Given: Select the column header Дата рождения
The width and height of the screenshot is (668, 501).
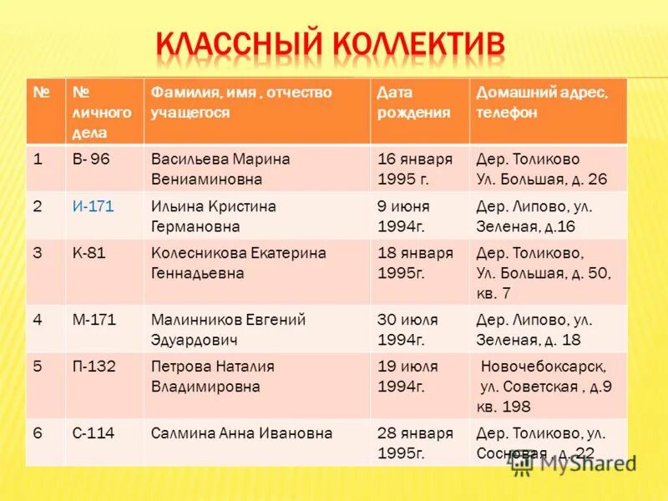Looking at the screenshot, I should (415, 103).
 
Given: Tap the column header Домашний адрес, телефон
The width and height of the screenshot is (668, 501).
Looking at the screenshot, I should (542, 103).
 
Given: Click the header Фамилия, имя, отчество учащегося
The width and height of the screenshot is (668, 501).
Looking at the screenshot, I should (241, 103).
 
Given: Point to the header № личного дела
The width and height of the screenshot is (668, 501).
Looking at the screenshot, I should (102, 112).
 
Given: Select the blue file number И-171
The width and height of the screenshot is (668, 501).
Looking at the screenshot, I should (94, 206).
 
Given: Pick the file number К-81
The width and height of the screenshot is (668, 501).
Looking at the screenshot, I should (89, 253).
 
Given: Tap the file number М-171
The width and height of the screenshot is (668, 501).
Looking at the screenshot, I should (94, 320).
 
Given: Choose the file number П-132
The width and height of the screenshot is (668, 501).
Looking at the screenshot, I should (94, 367).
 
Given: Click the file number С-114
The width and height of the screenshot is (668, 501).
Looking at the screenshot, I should (94, 433).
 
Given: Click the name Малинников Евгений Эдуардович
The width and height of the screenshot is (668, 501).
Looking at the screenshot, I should (228, 329).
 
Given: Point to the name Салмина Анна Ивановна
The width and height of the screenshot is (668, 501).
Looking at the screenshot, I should (242, 433).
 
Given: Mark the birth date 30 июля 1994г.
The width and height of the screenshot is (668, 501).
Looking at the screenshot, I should (407, 329).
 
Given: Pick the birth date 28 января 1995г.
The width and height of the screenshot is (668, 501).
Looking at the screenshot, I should (415, 443).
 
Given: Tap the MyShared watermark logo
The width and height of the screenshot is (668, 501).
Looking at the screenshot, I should (574, 463).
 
